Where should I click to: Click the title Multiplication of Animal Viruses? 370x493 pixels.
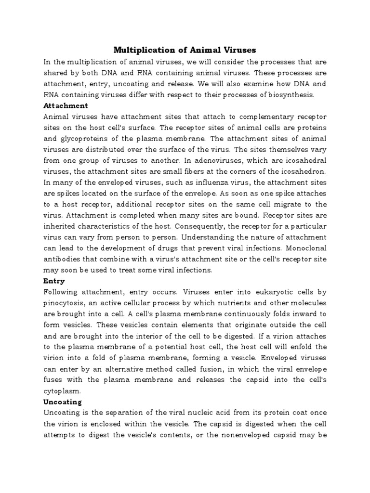click(185, 50)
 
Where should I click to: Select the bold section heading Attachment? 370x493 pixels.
click(66, 105)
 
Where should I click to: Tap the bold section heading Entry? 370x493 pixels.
click(54, 281)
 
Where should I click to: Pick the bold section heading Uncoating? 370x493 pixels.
click(63, 402)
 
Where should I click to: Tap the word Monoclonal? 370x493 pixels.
click(305, 248)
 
